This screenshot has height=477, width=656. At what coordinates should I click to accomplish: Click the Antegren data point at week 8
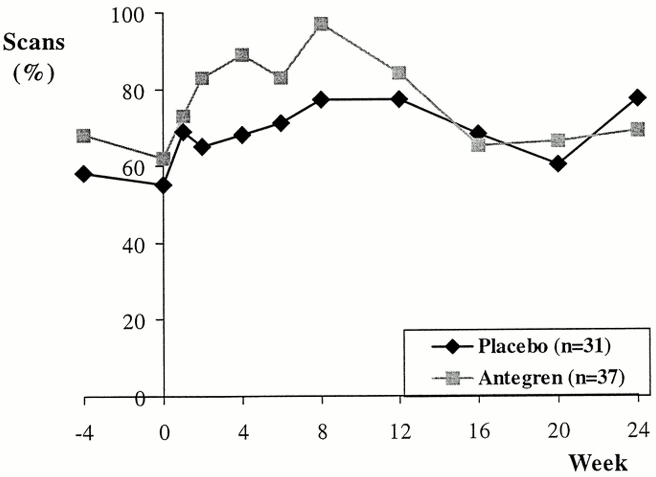coord(321,24)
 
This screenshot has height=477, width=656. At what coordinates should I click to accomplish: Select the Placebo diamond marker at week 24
coord(638,97)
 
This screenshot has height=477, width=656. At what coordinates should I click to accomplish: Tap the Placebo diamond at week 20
coord(558,164)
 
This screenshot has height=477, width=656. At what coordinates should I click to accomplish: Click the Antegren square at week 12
coord(400,73)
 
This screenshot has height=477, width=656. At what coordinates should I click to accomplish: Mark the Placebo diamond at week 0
coord(163,185)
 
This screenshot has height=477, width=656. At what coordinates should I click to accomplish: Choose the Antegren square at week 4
coord(242,55)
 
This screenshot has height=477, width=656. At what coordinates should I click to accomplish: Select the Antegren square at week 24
coord(638,128)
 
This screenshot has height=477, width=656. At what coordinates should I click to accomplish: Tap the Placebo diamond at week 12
coord(400,99)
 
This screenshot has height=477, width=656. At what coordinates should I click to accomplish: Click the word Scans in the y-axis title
coord(34,43)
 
